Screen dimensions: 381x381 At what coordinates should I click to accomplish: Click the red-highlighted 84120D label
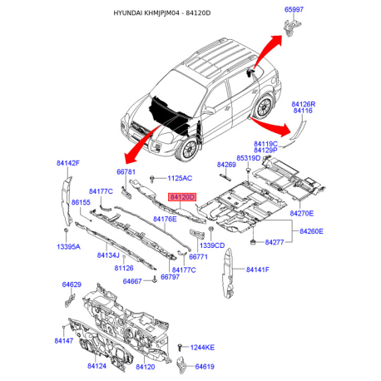[181, 197]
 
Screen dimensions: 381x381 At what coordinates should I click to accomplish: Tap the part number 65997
[295, 8]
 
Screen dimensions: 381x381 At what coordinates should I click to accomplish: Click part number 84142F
[67, 163]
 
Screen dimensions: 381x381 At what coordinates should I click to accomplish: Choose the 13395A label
[69, 247]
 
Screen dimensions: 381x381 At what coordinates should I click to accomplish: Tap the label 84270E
[301, 214]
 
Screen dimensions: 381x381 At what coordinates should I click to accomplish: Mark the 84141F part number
[257, 270]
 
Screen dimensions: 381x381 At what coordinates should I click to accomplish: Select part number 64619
[205, 366]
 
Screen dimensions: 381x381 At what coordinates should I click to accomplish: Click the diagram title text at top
[190, 14]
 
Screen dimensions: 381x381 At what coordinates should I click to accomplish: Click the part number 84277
[275, 241]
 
